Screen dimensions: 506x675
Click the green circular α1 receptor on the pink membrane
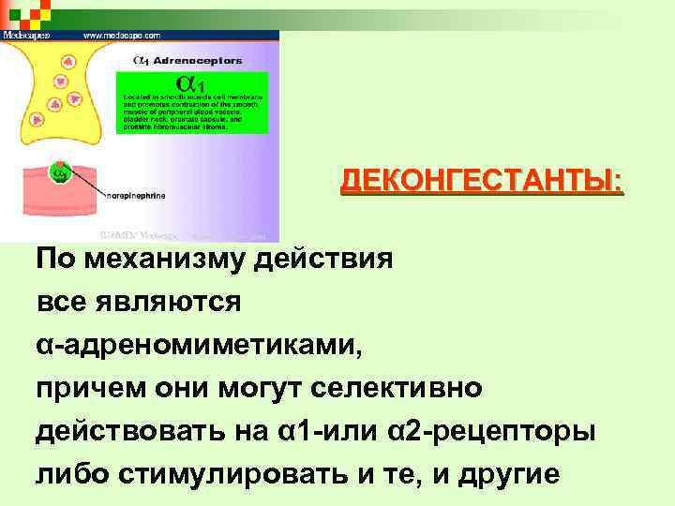click(x=60, y=172)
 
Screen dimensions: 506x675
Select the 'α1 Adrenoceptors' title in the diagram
click(x=188, y=61)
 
